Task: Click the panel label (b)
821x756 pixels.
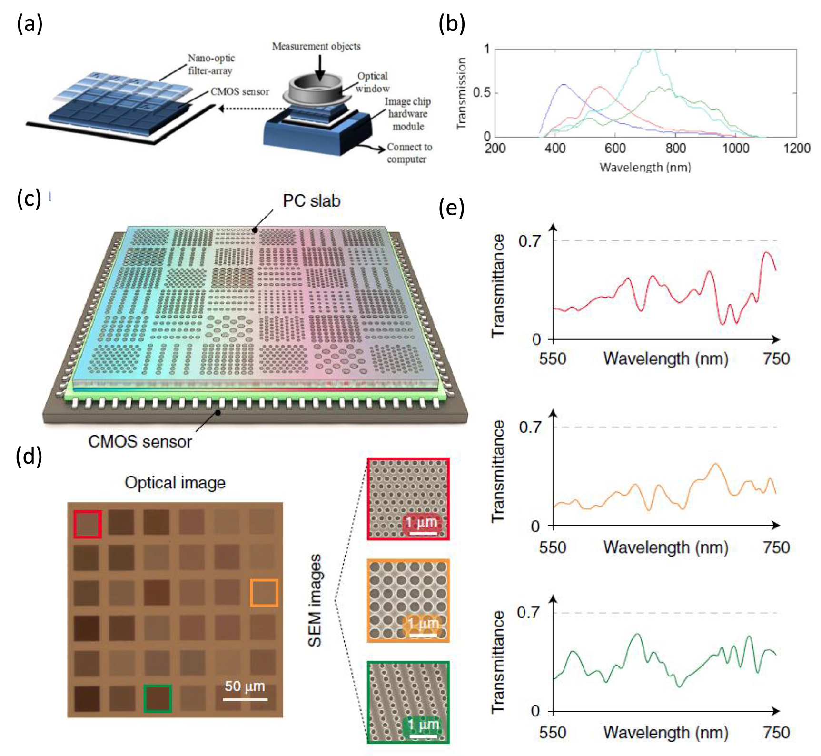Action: point(451,24)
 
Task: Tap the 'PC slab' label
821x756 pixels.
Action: point(311,200)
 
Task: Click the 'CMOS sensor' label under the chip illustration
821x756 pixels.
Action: point(140,441)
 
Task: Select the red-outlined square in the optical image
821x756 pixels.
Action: point(87,524)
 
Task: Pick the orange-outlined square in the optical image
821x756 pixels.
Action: point(264,593)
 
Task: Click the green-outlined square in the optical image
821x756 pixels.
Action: point(158,698)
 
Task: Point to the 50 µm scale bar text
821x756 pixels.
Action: point(245,686)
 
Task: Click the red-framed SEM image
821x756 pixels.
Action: point(408,499)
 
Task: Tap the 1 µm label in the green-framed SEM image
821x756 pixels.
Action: point(423,725)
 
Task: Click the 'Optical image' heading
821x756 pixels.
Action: point(175,483)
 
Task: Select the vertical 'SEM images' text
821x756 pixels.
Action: point(315,600)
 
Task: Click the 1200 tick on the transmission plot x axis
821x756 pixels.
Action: point(796,149)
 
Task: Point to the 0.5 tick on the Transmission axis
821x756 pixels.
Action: point(481,92)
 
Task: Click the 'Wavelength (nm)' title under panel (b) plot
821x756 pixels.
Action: point(645,167)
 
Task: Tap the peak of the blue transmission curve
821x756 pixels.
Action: point(564,85)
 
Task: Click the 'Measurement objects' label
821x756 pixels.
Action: point(316,46)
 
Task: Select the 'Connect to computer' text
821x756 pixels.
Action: point(408,153)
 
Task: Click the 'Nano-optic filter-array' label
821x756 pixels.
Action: point(210,64)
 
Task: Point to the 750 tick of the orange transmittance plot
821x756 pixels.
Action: point(776,547)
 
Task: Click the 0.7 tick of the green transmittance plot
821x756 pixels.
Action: point(528,612)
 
